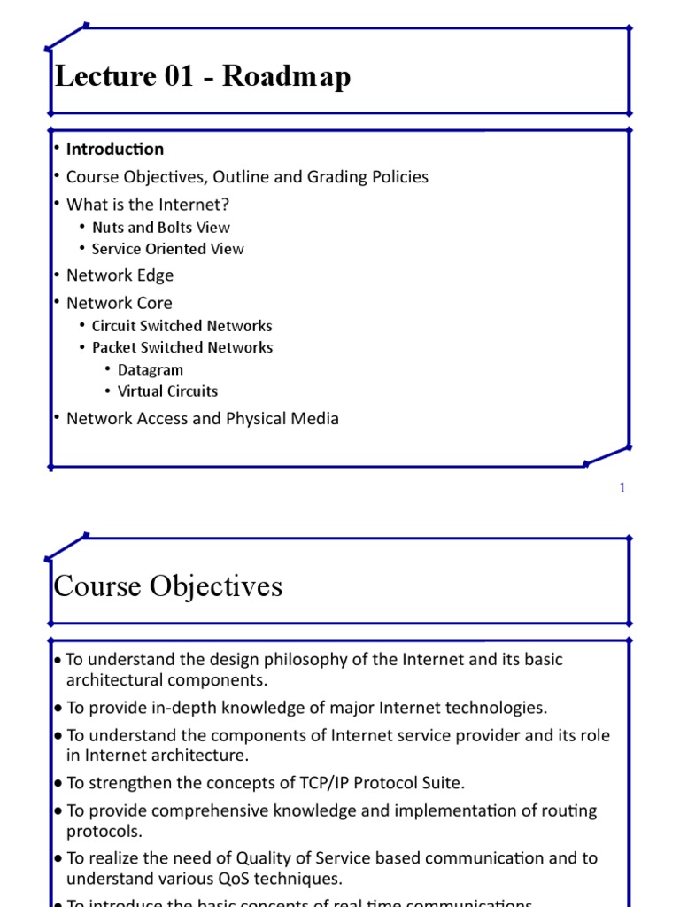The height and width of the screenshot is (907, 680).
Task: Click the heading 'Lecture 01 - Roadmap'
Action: pos(203,77)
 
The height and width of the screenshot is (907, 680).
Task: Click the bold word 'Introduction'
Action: pos(115,149)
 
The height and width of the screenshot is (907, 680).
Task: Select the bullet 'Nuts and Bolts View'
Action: pos(160,228)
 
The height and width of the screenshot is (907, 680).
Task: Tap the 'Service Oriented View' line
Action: pos(167,249)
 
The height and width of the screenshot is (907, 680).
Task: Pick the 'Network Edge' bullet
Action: pos(120,275)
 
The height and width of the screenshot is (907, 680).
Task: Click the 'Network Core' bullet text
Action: pos(120,303)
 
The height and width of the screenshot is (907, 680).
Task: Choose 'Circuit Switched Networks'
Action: pos(182,326)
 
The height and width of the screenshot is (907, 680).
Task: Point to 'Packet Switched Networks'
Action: pos(182,347)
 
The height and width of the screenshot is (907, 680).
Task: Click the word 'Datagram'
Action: pos(151,369)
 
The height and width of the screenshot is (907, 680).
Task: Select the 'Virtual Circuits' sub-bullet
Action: pos(167,391)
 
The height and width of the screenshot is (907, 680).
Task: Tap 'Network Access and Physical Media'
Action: pos(203,418)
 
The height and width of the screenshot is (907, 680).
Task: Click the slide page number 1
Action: pos(622,488)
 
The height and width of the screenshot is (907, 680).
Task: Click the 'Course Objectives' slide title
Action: pos(168,585)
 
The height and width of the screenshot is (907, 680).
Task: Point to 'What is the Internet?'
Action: pos(148,205)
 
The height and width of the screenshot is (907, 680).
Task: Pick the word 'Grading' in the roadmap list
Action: pos(338,176)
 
